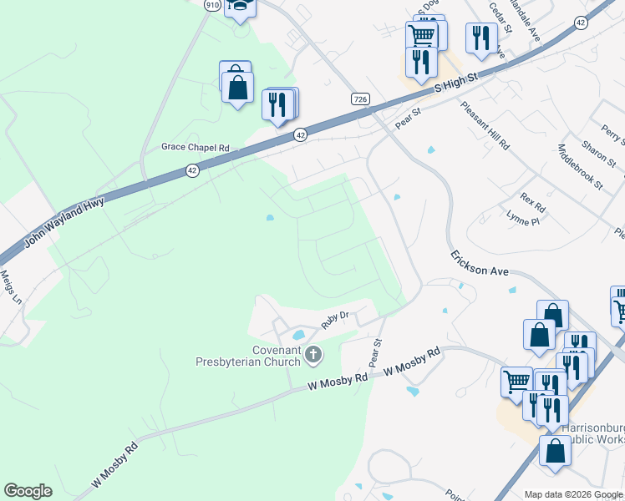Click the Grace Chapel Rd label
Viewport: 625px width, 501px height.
195,148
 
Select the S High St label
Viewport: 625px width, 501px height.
455,83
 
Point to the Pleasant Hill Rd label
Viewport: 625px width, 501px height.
485,126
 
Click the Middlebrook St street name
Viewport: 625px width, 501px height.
579,166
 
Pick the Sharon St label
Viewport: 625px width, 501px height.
594,151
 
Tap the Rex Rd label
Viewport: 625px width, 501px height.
532,202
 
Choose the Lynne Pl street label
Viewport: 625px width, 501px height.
523,219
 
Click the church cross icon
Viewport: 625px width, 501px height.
313,356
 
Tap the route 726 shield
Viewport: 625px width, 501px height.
360,99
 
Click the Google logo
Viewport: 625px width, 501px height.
28,491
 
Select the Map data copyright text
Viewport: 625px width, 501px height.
572,493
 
